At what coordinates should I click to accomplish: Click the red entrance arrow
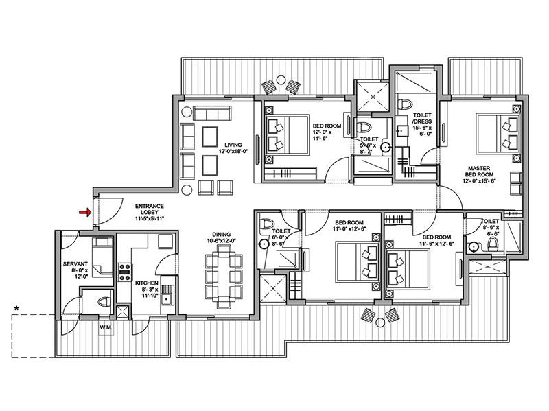[84, 213]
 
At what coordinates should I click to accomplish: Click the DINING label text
[222, 233]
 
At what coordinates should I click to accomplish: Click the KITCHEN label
[148, 282]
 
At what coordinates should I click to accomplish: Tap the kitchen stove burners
[125, 272]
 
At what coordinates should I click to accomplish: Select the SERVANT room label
[73, 263]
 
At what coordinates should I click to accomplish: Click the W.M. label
[105, 327]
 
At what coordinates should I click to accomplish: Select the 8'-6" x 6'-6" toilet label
[490, 229]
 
